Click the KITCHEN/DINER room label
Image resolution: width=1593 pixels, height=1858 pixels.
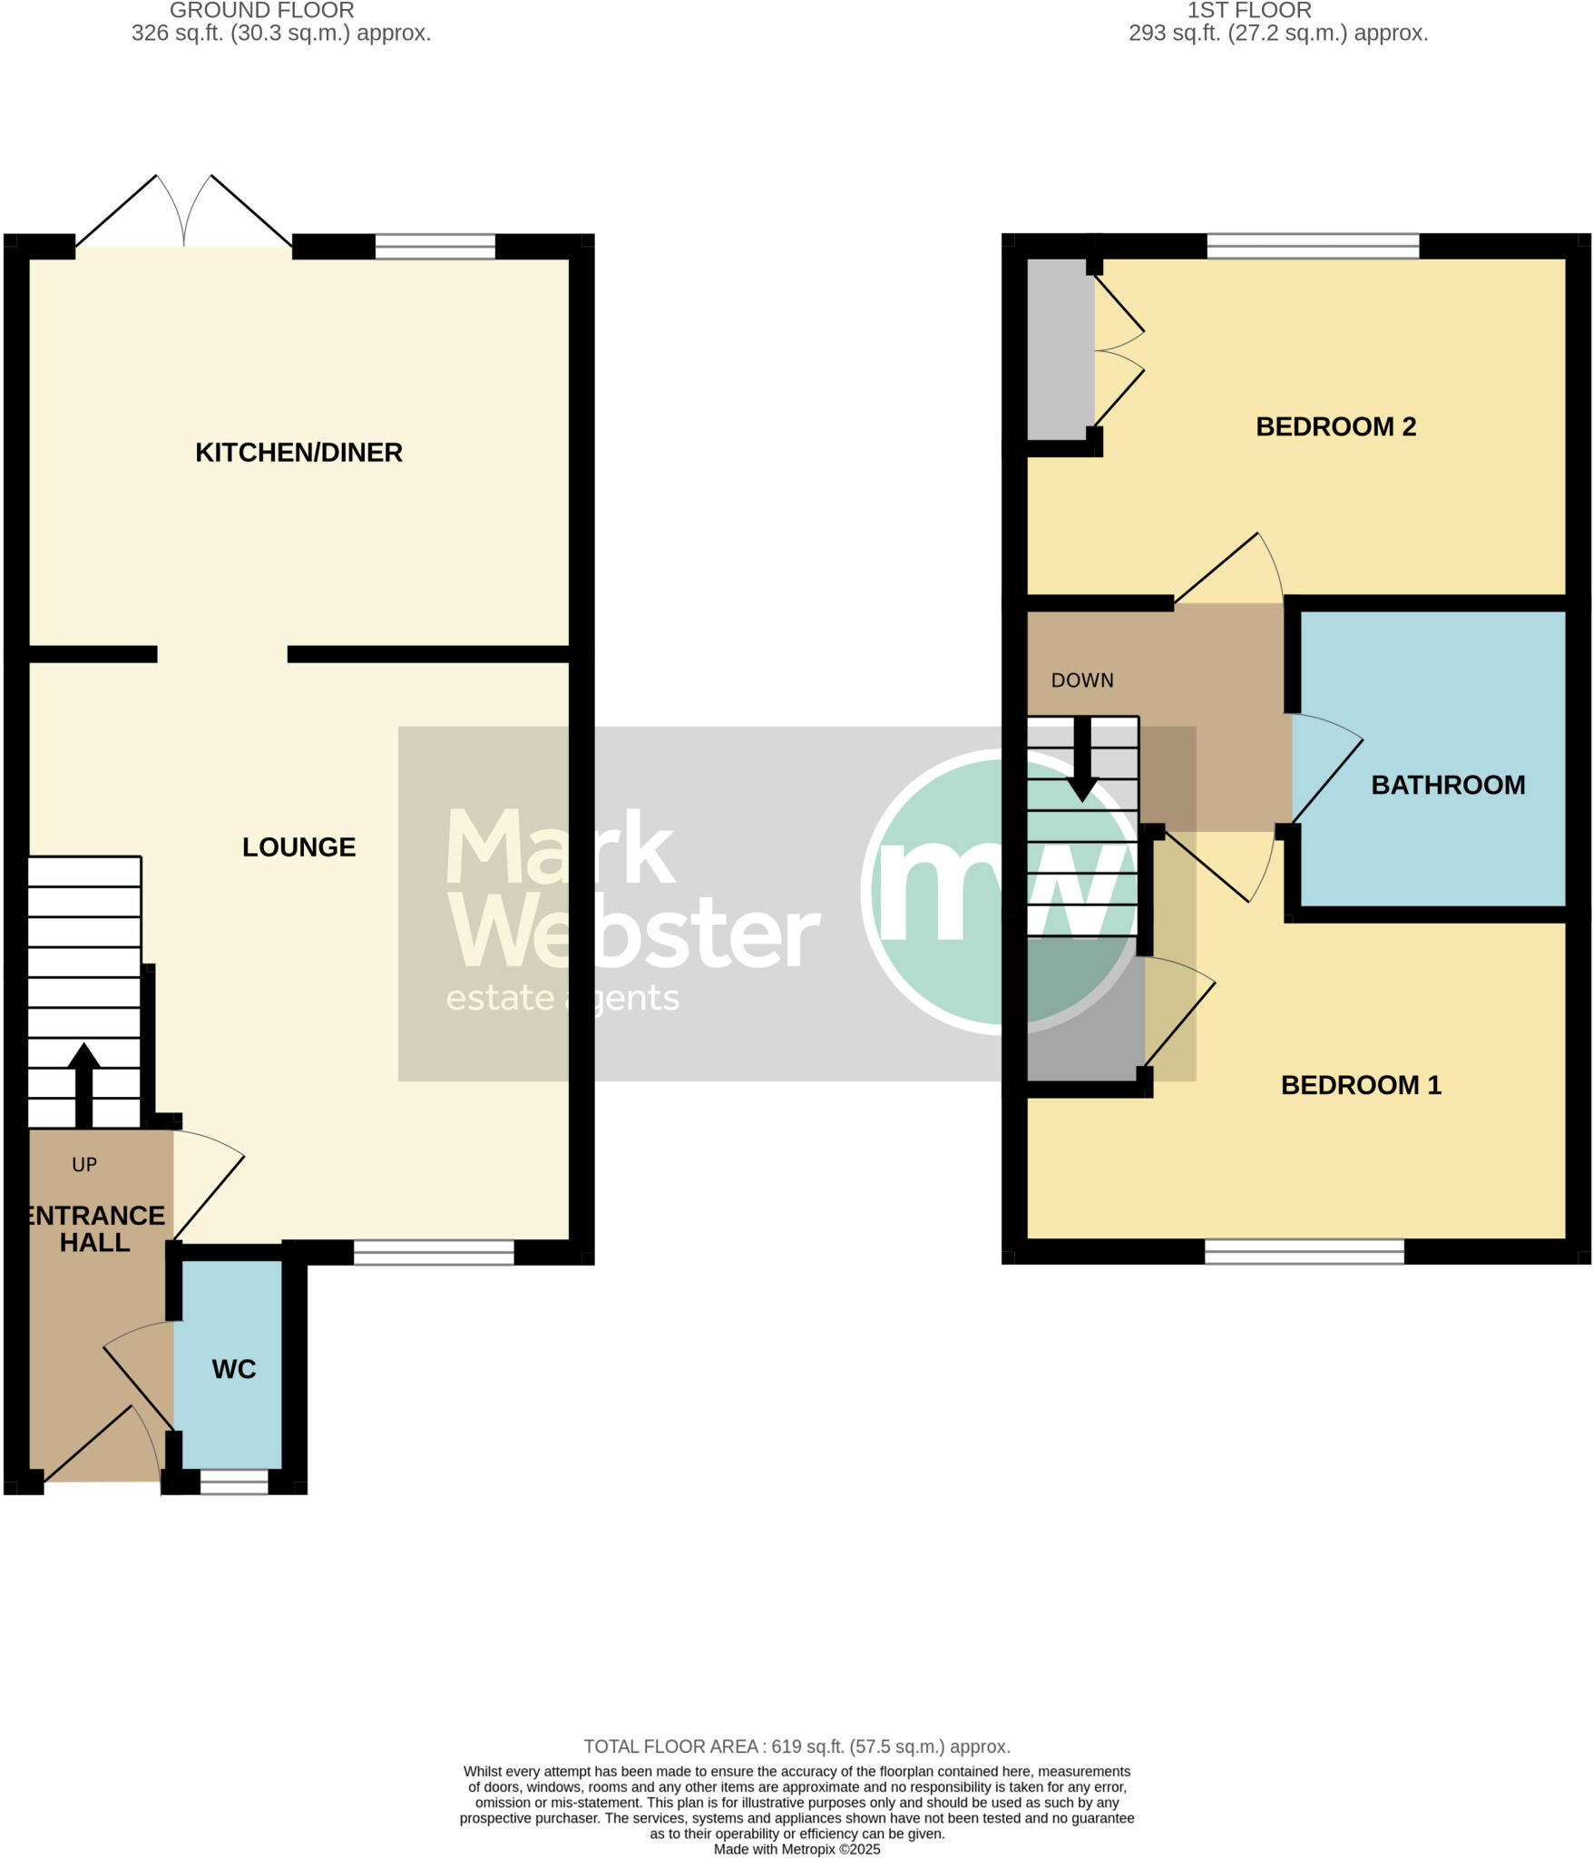[298, 452]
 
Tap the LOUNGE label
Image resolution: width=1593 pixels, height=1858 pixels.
[298, 846]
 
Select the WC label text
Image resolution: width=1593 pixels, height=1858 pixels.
[234, 1369]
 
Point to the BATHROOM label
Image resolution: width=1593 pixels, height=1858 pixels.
[1448, 785]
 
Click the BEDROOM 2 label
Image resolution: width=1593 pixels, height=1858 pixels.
[1335, 426]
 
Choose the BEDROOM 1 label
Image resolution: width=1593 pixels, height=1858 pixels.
[1361, 1084]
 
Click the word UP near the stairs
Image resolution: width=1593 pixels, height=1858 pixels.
[84, 1164]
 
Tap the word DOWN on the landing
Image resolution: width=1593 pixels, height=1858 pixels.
[1082, 680]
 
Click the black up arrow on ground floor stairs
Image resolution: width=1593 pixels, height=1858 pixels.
[84, 1084]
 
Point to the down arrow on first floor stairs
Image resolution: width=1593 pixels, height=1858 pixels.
[1082, 760]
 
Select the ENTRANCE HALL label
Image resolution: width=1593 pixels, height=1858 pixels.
[95, 1228]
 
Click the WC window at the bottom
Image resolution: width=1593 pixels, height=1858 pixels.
[234, 1482]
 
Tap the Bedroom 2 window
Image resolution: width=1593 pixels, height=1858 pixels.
[1313, 246]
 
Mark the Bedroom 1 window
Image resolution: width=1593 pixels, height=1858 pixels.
[1304, 1252]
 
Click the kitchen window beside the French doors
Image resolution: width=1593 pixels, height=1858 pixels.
[435, 247]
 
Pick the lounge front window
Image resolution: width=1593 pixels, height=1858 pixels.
[434, 1252]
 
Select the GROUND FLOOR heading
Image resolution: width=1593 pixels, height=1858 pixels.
[262, 11]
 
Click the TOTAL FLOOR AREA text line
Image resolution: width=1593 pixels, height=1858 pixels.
[796, 1746]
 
